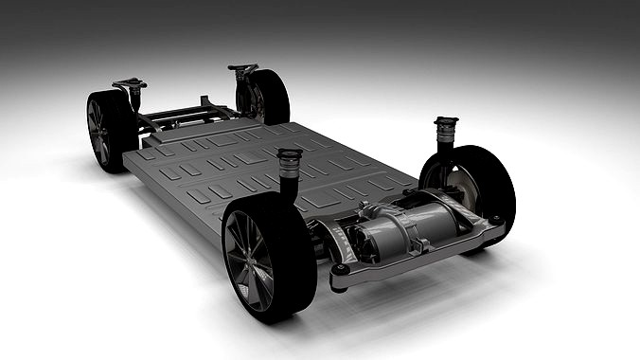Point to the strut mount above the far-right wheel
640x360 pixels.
[242, 68]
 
